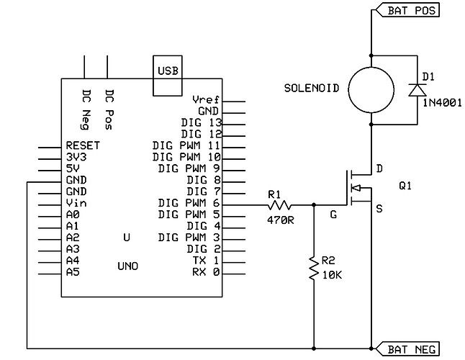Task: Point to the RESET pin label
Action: point(82,145)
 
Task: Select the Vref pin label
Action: point(206,99)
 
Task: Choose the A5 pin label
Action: point(72,272)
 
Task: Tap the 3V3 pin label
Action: point(75,157)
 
